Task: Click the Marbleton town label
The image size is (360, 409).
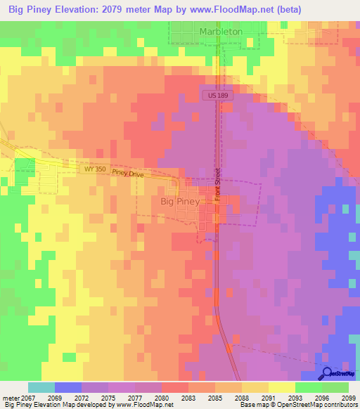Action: point(221,32)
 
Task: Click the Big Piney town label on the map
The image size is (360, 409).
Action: point(180,201)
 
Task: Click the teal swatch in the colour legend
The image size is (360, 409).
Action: point(41,387)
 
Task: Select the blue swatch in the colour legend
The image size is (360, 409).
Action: point(68,387)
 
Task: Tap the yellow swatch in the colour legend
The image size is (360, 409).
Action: point(281,387)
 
